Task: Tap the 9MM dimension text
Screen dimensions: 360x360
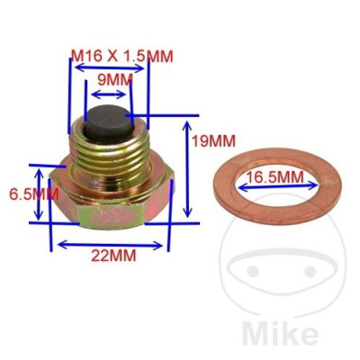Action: (x=114, y=79)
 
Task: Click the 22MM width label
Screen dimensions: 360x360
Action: (x=112, y=256)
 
